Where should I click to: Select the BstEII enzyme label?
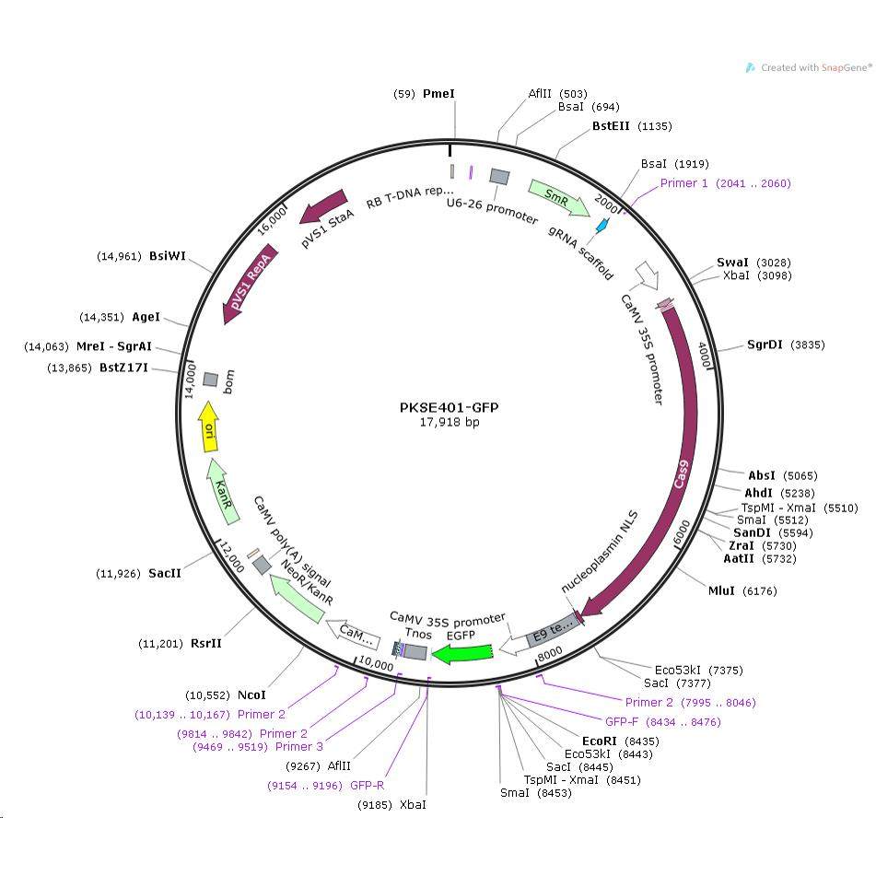[612, 126]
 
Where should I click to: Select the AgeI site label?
[146, 317]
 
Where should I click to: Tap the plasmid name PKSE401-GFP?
[448, 408]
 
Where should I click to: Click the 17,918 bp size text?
[448, 423]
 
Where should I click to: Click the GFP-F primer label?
[623, 721]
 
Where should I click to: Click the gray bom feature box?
[210, 380]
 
